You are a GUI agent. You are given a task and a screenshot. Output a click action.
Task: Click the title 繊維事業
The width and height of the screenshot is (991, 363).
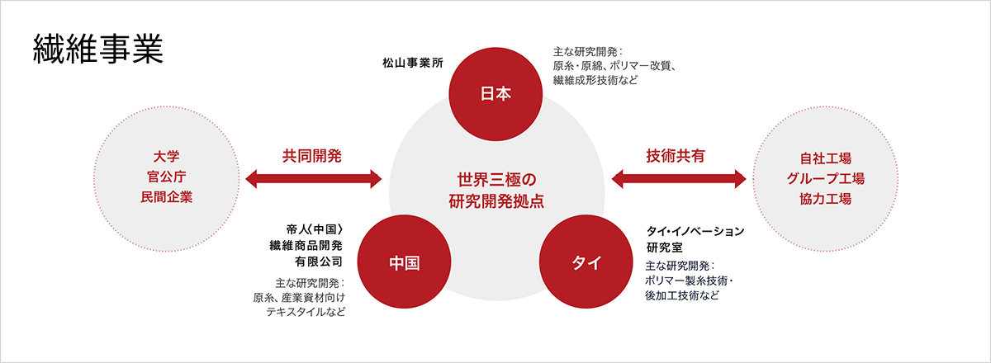point(98,49)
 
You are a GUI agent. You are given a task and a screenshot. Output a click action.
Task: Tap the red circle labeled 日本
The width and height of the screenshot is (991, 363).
point(495,94)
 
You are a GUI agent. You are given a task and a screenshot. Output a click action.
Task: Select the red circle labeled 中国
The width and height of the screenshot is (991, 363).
point(404,262)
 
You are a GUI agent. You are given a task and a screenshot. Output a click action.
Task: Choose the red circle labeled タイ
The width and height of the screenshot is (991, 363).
point(586,262)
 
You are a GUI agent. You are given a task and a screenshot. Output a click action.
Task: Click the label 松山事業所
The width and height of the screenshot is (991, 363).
point(413,63)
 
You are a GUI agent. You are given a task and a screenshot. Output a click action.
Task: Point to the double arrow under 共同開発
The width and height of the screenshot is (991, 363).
point(313,179)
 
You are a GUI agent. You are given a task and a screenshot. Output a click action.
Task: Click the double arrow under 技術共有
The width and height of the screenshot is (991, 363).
point(679,179)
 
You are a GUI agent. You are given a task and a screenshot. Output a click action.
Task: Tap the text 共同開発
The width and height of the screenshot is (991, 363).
point(312,156)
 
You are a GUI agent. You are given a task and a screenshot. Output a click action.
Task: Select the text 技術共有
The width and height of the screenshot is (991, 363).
point(676,156)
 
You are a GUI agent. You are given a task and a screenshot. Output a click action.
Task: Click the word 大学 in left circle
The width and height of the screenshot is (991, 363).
point(166,157)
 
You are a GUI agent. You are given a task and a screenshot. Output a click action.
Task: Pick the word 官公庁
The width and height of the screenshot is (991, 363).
point(166,177)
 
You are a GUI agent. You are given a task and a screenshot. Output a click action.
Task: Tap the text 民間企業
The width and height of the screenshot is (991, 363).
point(166,197)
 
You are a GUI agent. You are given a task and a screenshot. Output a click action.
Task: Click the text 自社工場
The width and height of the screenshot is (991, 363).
point(826,158)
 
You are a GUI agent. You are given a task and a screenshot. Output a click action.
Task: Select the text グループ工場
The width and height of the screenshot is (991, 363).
point(826,179)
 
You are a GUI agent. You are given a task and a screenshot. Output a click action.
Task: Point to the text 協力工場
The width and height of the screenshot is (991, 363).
point(826,199)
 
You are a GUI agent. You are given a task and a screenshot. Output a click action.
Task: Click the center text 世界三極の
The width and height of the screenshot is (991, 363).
point(496,180)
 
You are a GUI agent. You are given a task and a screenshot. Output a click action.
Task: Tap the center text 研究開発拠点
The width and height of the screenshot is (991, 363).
point(496,201)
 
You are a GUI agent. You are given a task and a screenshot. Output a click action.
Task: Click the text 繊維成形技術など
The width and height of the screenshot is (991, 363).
point(595,81)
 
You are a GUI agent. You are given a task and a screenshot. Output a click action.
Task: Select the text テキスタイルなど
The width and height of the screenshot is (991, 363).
point(306,312)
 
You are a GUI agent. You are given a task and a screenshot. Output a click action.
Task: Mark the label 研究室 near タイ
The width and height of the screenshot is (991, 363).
point(665,247)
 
